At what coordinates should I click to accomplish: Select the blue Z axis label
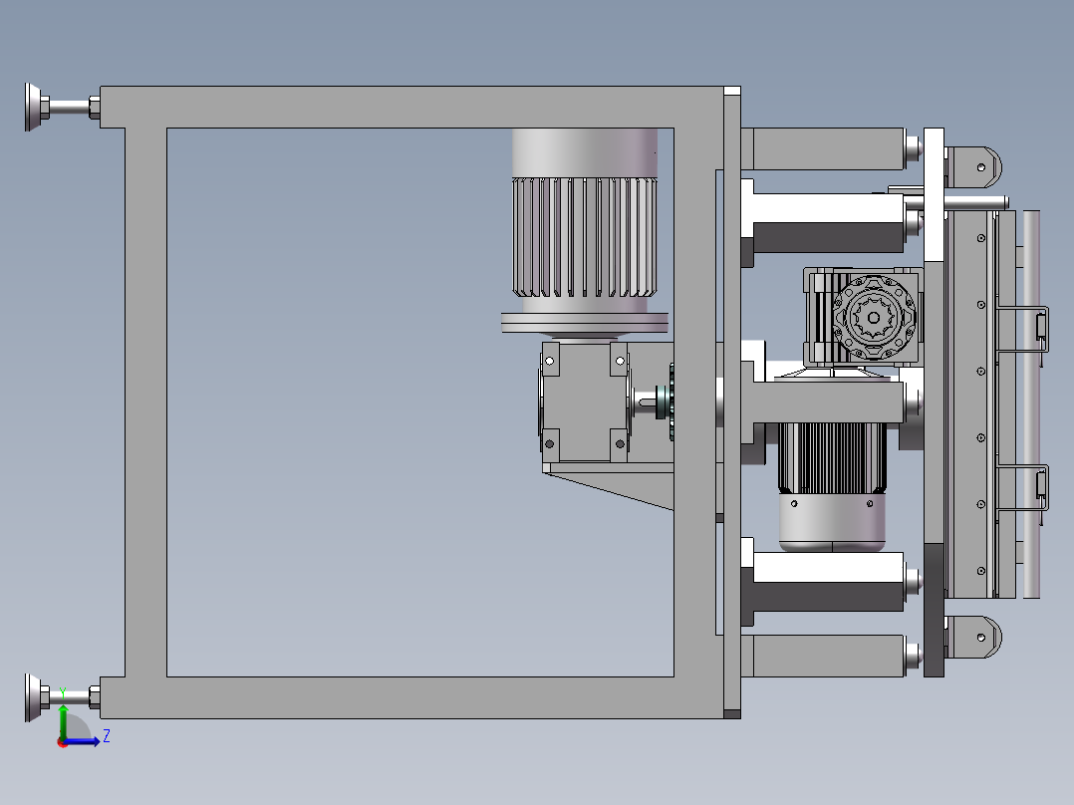[107, 736]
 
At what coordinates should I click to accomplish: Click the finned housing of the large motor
[584, 237]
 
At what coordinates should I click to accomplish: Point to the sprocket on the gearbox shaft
[671, 402]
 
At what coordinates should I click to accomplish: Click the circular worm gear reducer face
[874, 317]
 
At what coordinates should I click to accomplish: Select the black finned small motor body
[832, 457]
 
